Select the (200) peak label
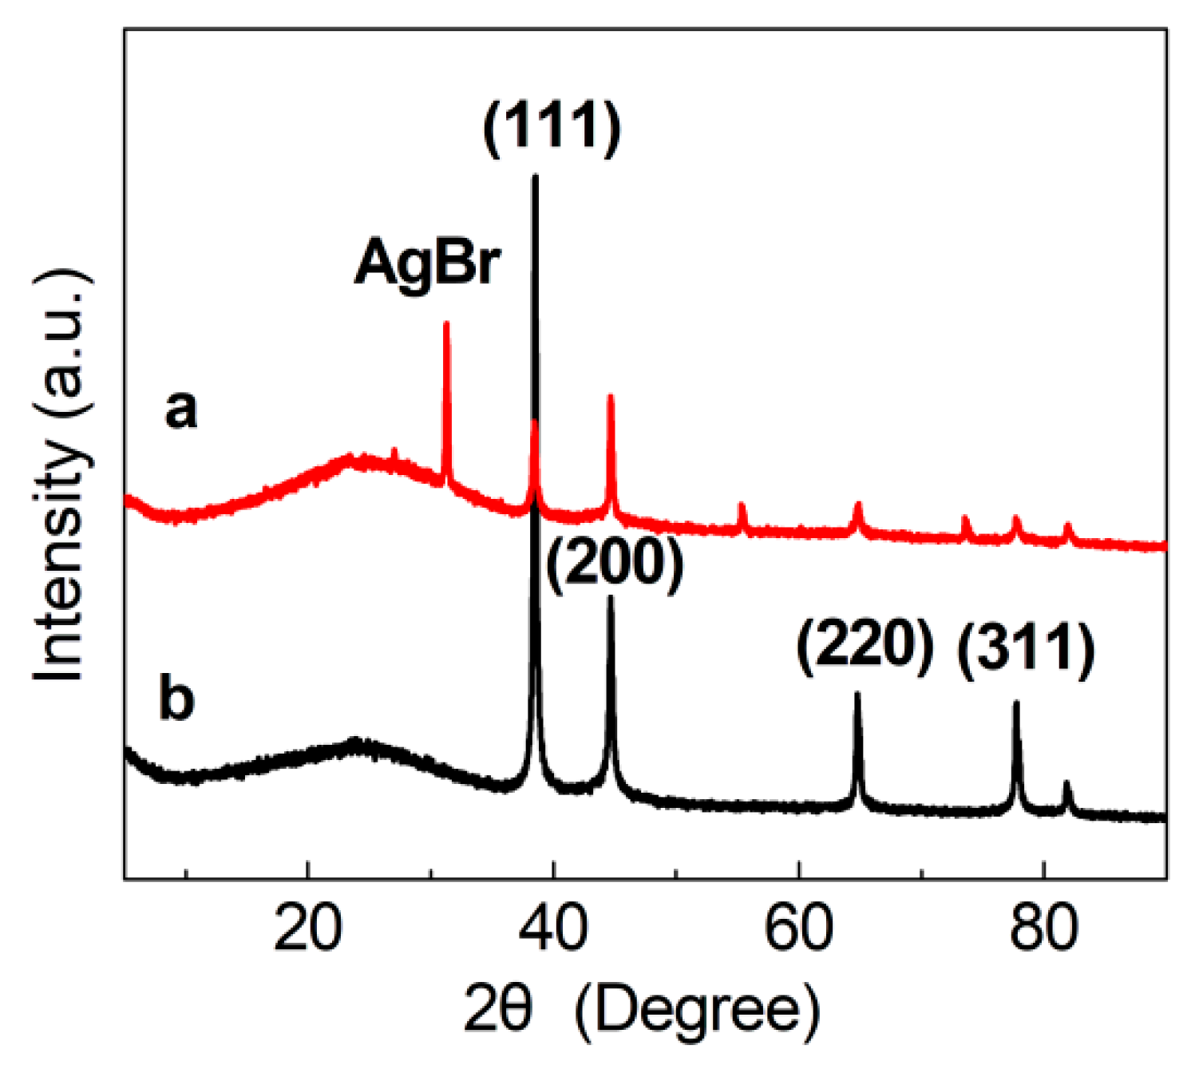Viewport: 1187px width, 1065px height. point(615,563)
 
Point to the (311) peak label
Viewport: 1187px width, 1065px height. point(1026,651)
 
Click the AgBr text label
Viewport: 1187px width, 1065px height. point(427,263)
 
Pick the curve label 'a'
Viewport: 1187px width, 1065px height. point(180,410)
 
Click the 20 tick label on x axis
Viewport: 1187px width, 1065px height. point(307,928)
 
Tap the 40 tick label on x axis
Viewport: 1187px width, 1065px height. point(552,928)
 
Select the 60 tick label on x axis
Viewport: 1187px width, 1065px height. point(798,928)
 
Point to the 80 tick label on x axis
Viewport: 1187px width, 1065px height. point(1043,928)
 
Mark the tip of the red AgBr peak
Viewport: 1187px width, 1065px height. point(446,323)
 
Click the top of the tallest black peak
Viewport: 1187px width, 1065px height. point(535,176)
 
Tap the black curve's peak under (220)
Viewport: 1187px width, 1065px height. point(858,694)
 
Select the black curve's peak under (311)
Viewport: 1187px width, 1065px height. point(1016,703)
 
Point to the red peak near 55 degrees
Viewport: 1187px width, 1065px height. point(742,505)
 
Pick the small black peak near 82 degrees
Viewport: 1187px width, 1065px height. point(1066,783)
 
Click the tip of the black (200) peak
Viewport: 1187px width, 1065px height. point(611,597)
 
